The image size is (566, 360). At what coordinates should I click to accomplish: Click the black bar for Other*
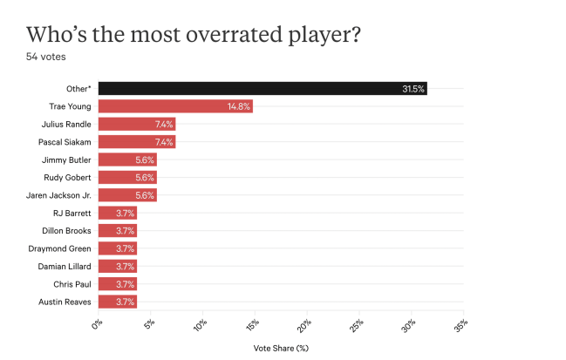point(262,88)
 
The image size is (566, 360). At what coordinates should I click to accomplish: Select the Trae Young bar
point(174,106)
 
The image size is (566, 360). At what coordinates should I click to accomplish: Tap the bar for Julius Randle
point(136,124)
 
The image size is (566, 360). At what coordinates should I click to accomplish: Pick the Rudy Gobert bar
point(126,177)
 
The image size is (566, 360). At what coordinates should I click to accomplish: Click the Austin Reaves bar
point(117,302)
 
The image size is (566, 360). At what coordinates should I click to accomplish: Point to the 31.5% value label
point(413,88)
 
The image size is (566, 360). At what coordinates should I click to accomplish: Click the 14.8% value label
point(239,106)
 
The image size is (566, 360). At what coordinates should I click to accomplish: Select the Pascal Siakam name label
point(65,141)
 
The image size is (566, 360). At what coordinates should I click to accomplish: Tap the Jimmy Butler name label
point(67,160)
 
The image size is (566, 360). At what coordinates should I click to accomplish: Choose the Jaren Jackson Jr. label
point(62,194)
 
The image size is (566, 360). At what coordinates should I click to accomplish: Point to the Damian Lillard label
point(65,266)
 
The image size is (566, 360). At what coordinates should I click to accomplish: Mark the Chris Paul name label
point(72,284)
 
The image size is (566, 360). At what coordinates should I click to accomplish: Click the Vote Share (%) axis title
point(280,348)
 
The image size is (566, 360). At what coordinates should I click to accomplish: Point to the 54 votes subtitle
point(46,57)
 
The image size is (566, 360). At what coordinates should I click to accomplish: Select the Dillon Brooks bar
point(117,230)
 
